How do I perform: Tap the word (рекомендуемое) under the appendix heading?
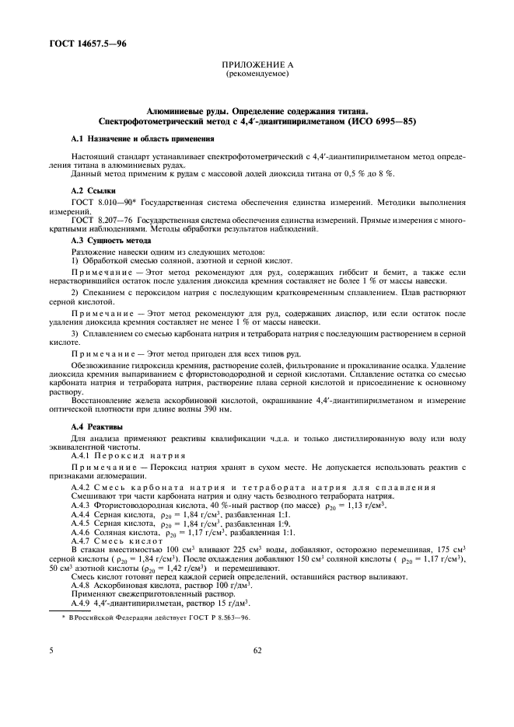point(257,75)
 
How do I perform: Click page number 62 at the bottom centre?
point(257,674)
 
